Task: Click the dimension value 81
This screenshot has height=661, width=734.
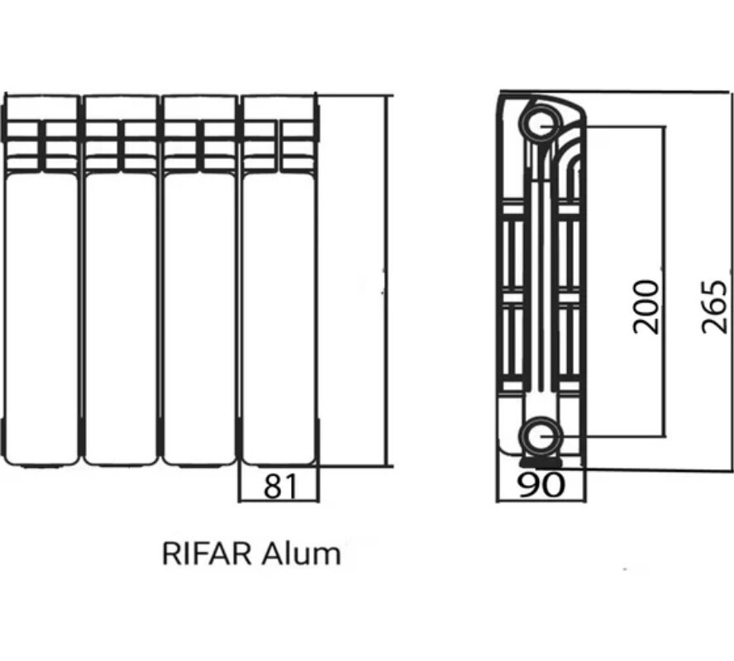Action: click(279, 486)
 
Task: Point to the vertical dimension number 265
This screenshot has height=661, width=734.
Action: click(715, 307)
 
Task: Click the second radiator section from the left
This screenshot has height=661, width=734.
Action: click(121, 314)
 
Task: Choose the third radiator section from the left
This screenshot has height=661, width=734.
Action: click(199, 314)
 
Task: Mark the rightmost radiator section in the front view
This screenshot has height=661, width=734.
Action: click(279, 314)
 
